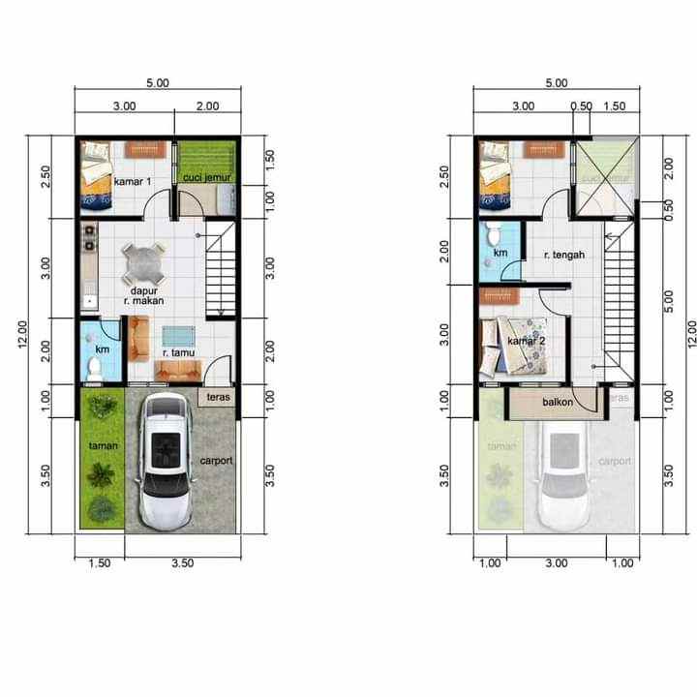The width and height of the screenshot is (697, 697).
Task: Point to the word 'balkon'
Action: pyautogui.click(x=558, y=402)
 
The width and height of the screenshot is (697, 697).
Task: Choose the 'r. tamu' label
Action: pyautogui.click(x=176, y=353)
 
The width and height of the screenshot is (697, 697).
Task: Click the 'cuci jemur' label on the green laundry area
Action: pyautogui.click(x=206, y=178)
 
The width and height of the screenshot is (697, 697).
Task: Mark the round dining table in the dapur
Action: pyautogui.click(x=144, y=260)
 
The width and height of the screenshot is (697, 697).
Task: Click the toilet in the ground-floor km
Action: pyautogui.click(x=95, y=367)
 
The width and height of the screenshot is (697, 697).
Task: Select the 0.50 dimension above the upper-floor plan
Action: pyautogui.click(x=581, y=106)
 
